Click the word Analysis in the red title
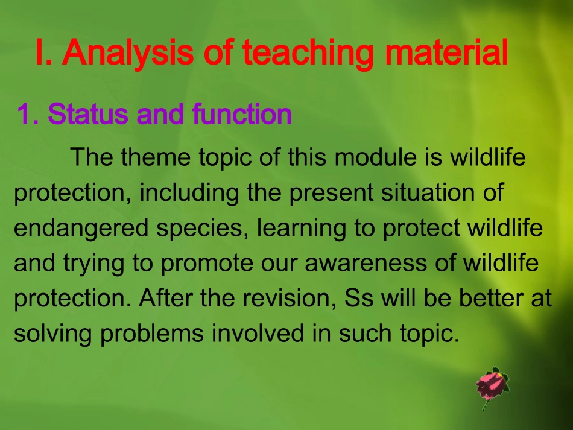[128, 53]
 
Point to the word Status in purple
[87, 113]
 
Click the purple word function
[242, 113]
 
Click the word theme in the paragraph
[156, 157]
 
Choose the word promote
[207, 264]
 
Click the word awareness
[366, 263]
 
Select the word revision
[290, 299]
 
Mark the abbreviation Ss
[359, 298]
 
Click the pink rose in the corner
[492, 387]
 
